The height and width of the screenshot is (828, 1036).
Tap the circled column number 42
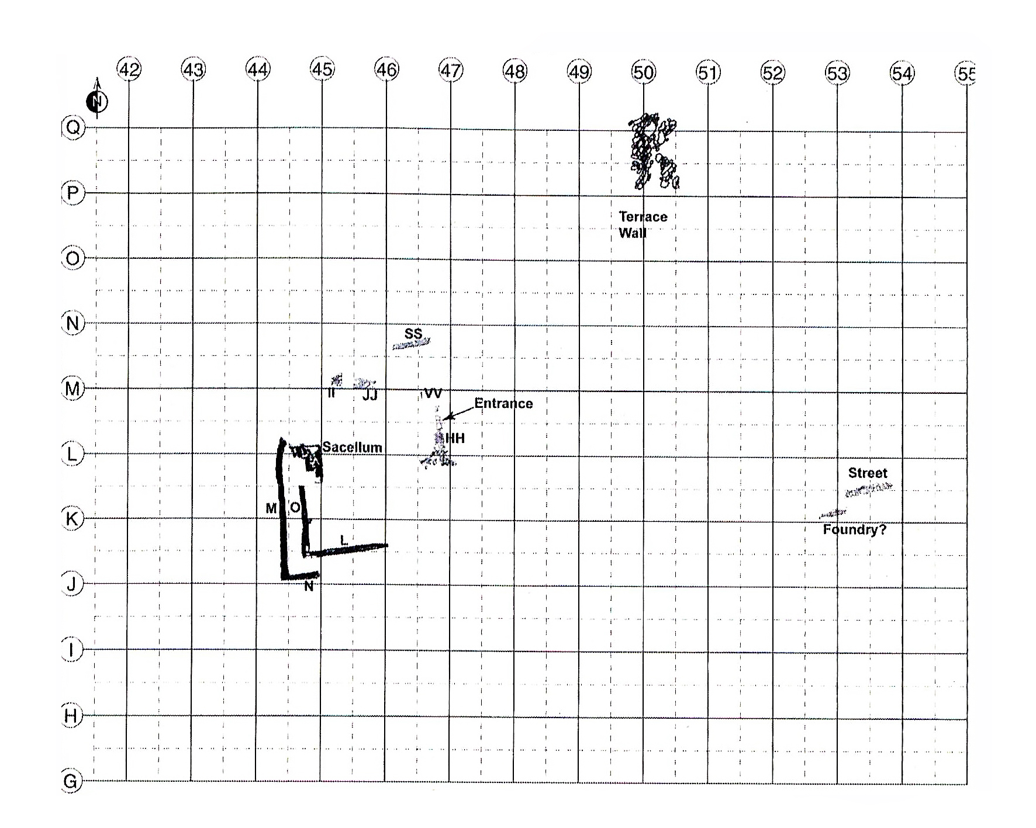click(x=129, y=70)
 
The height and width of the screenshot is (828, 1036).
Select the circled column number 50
click(x=643, y=72)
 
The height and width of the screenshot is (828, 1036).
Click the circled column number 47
click(x=450, y=71)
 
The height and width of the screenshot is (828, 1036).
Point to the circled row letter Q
click(x=72, y=127)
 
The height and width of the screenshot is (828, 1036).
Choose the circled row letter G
click(x=70, y=781)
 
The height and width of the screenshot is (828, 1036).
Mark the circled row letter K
click(x=72, y=519)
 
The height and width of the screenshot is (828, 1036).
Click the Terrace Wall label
click(x=643, y=225)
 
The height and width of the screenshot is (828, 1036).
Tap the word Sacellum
click(x=352, y=448)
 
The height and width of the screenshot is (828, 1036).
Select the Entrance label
click(x=503, y=403)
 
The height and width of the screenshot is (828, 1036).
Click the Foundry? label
click(x=854, y=530)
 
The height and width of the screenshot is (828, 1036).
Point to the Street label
click(x=868, y=473)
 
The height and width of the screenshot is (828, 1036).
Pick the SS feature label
click(x=413, y=334)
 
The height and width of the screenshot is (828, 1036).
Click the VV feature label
click(x=433, y=393)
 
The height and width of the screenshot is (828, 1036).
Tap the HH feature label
click(x=455, y=438)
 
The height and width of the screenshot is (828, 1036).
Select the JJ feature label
click(x=370, y=396)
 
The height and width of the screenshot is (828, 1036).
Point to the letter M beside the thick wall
click(x=271, y=509)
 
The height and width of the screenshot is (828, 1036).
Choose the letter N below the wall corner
click(x=309, y=586)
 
